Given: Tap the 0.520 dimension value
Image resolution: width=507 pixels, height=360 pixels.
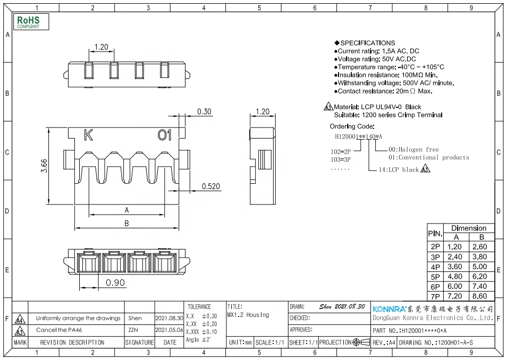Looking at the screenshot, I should [x=210, y=186].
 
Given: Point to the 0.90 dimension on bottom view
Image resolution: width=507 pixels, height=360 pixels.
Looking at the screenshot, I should [x=115, y=282].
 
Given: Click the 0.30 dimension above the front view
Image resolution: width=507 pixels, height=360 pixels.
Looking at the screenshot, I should [x=204, y=112].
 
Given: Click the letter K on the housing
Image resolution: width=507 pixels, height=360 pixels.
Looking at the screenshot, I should [x=88, y=135].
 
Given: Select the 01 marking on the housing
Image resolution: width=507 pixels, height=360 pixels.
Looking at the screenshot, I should [x=165, y=135].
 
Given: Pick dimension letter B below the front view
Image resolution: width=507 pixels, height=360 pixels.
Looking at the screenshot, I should [x=126, y=224].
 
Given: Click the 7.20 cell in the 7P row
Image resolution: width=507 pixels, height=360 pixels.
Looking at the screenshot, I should [x=454, y=296].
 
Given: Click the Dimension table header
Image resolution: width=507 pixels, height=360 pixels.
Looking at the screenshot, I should [x=468, y=228].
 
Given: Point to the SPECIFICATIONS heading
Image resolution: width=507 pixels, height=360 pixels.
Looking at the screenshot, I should [x=365, y=43].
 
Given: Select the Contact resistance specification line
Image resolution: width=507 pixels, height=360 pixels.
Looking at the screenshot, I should [x=383, y=91].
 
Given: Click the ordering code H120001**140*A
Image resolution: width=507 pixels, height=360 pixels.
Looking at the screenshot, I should [x=356, y=136].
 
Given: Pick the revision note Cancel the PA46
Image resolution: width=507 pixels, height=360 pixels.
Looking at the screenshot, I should [x=58, y=330].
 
